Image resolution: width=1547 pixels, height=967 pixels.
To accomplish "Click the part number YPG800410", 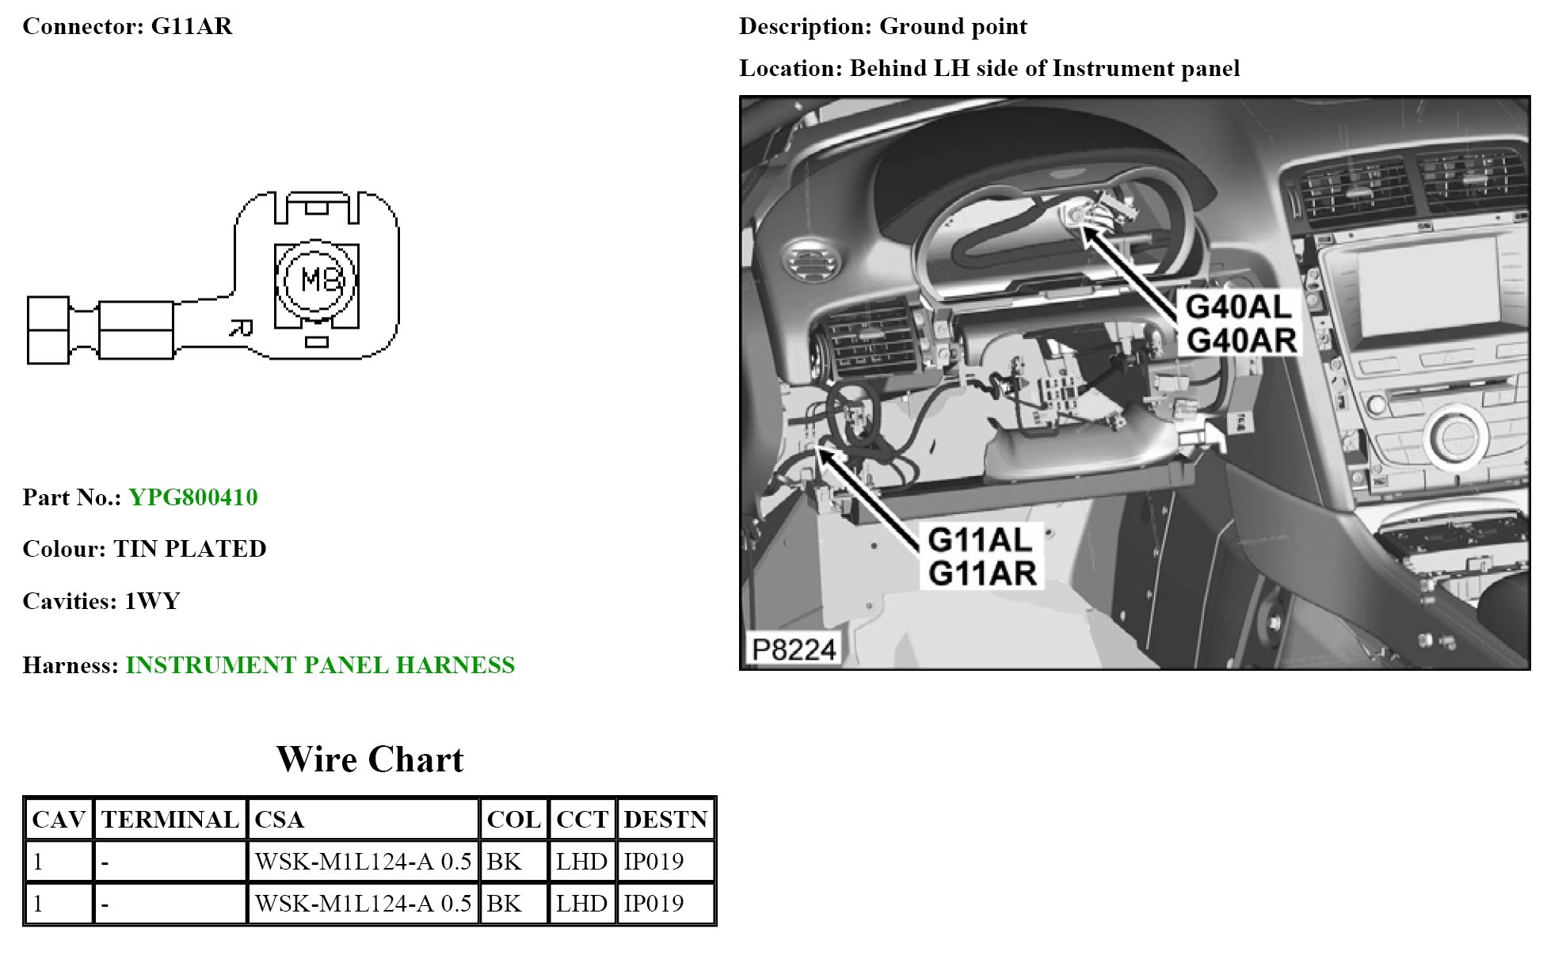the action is [x=192, y=497].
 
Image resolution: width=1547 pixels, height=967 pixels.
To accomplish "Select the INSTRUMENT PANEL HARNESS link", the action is [x=320, y=665].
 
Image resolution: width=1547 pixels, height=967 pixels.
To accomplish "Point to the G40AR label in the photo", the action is [x=1241, y=341].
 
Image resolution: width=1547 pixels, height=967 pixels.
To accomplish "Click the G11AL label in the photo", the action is [x=980, y=540].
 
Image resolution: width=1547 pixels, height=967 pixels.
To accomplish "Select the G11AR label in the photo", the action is [x=982, y=573].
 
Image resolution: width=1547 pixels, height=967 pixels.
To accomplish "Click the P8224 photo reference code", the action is [x=794, y=650].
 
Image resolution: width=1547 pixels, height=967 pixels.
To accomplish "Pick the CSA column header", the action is [x=280, y=819].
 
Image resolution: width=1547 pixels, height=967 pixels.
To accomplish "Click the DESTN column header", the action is [x=665, y=819].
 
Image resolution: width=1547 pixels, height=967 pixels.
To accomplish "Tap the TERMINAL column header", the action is [x=170, y=819].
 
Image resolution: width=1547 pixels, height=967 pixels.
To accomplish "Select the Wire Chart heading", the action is [x=369, y=759].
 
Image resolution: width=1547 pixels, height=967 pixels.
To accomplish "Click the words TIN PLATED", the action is [x=189, y=549].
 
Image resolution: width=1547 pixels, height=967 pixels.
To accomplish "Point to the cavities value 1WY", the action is [x=152, y=601].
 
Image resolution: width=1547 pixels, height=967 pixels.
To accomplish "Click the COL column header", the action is [x=513, y=819].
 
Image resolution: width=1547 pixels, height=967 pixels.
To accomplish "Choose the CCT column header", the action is [x=581, y=819].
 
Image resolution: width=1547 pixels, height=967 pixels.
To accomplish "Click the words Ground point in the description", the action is [x=953, y=27].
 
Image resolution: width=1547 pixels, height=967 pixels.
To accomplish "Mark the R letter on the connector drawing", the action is [x=242, y=328].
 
